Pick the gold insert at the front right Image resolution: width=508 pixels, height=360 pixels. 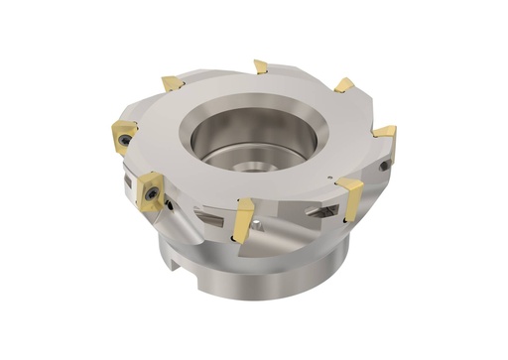(x=350, y=195)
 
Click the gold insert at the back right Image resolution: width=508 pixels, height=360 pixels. (x=343, y=85)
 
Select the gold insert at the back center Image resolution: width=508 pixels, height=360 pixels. (x=261, y=66)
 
